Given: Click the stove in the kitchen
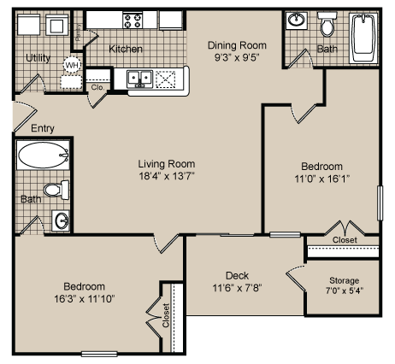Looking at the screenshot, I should [133, 20].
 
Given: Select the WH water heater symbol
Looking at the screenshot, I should [72, 64].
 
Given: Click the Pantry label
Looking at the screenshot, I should [79, 32].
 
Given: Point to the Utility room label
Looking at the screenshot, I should [38, 58].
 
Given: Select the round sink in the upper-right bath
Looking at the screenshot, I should [297, 21].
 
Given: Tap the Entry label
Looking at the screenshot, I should [43, 128].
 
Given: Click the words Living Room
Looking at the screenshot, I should [168, 163].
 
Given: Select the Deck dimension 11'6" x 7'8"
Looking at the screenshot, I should [236, 289].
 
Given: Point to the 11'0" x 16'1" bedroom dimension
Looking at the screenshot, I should [321, 179].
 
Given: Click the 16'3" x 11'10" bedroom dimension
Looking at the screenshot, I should [83, 298].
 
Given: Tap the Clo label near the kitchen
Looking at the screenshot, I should [97, 86].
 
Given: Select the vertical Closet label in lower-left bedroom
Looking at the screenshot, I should [166, 317].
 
